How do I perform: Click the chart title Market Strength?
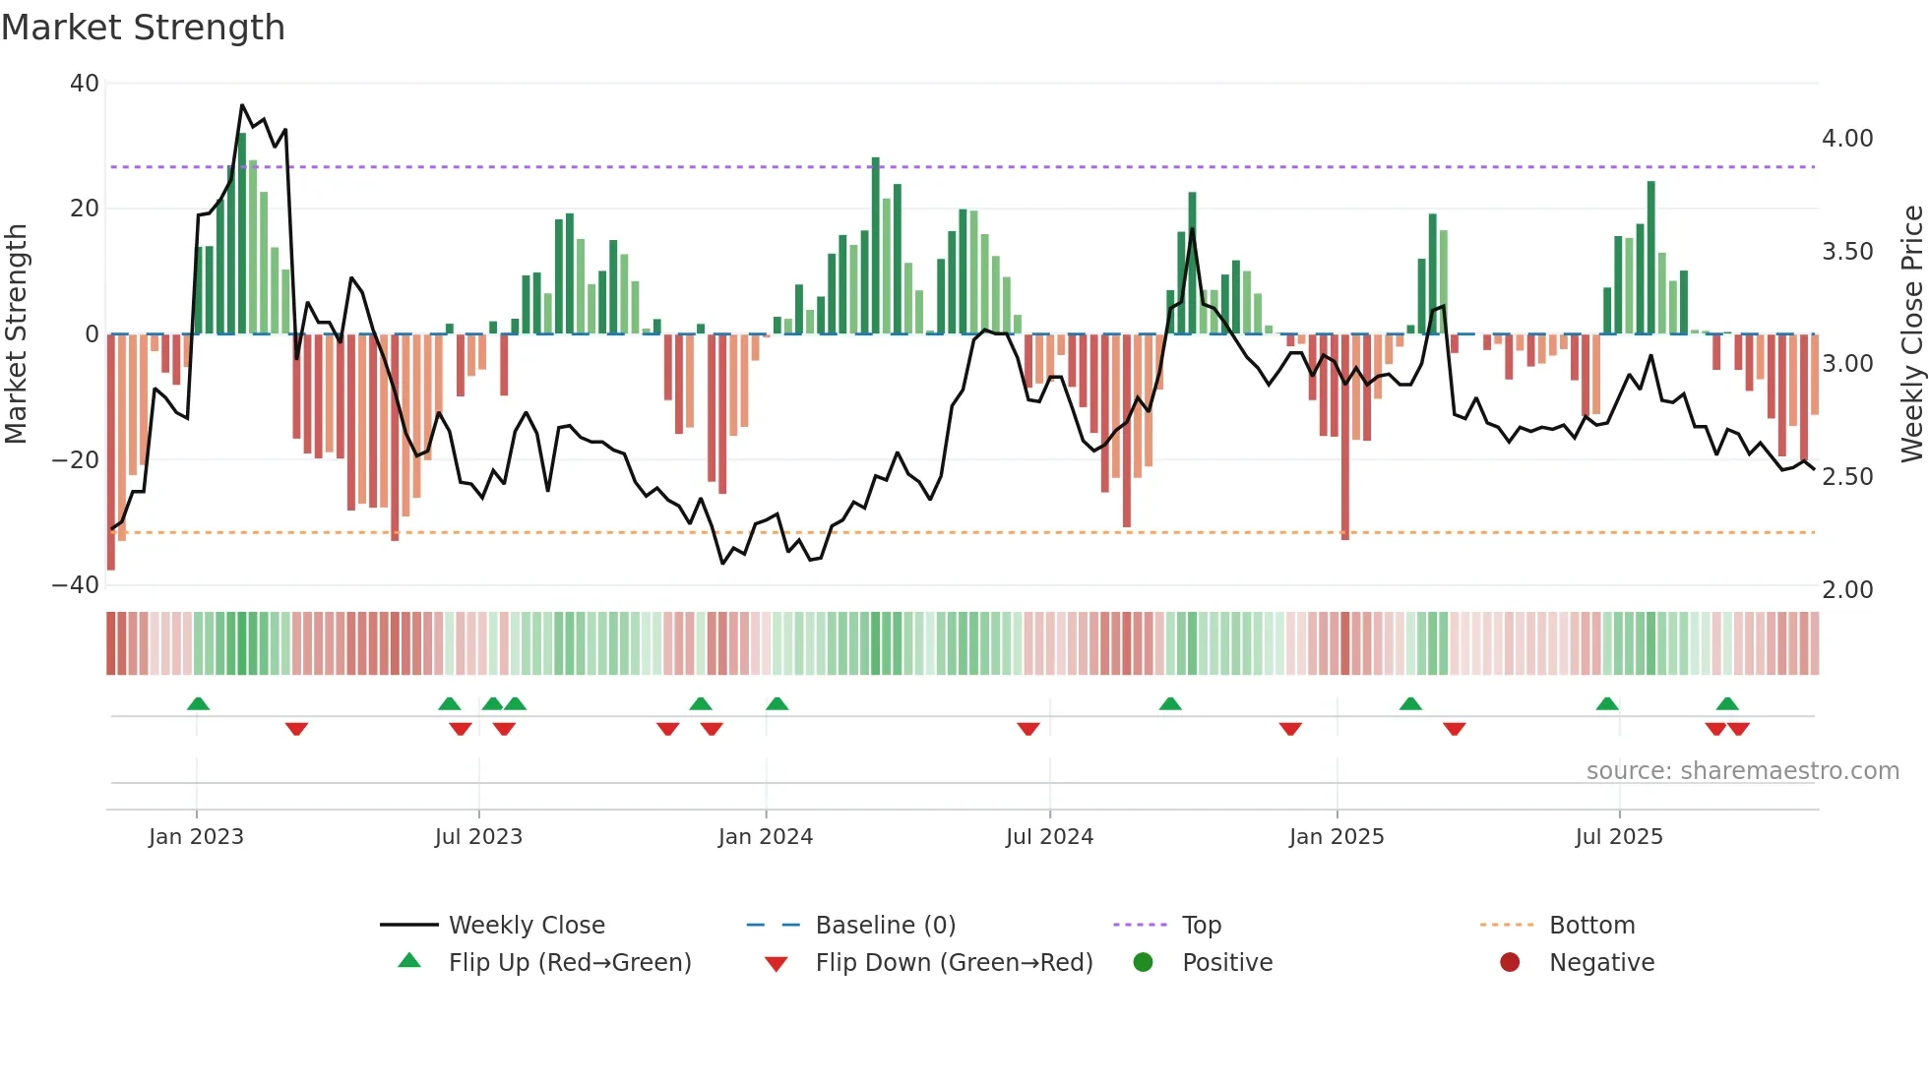(143, 28)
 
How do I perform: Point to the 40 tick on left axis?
(85, 84)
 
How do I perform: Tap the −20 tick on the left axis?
(76, 459)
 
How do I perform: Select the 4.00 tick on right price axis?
(1846, 139)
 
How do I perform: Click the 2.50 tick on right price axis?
(1846, 477)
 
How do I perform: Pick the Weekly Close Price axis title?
(1910, 333)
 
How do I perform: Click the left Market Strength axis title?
(17, 333)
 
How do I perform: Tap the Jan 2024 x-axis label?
(765, 837)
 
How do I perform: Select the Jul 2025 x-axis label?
(1618, 837)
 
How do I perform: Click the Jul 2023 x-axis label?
(478, 837)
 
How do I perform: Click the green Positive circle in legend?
(1143, 962)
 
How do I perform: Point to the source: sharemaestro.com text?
(1742, 771)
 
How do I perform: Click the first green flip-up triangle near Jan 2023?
(198, 703)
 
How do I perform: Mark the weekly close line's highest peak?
(242, 105)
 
